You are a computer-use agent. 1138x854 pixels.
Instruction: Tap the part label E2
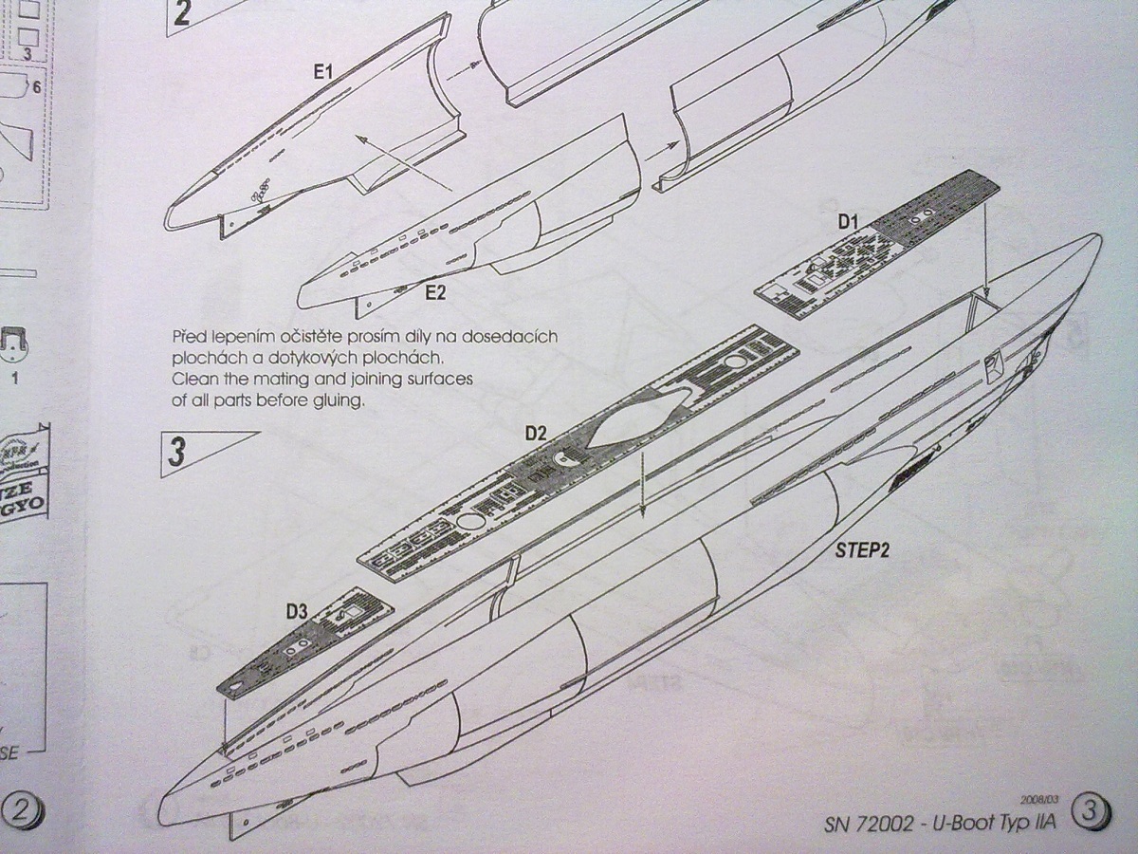435,292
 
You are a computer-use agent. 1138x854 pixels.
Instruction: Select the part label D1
847,222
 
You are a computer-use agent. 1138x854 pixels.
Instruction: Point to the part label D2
536,434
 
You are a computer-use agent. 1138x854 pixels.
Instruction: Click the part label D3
296,612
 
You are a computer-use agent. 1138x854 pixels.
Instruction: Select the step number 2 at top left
182,13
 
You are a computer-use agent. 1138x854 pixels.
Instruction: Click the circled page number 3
1090,812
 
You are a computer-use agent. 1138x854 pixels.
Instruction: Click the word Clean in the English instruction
193,380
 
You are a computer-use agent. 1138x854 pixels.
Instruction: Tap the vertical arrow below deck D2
642,484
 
